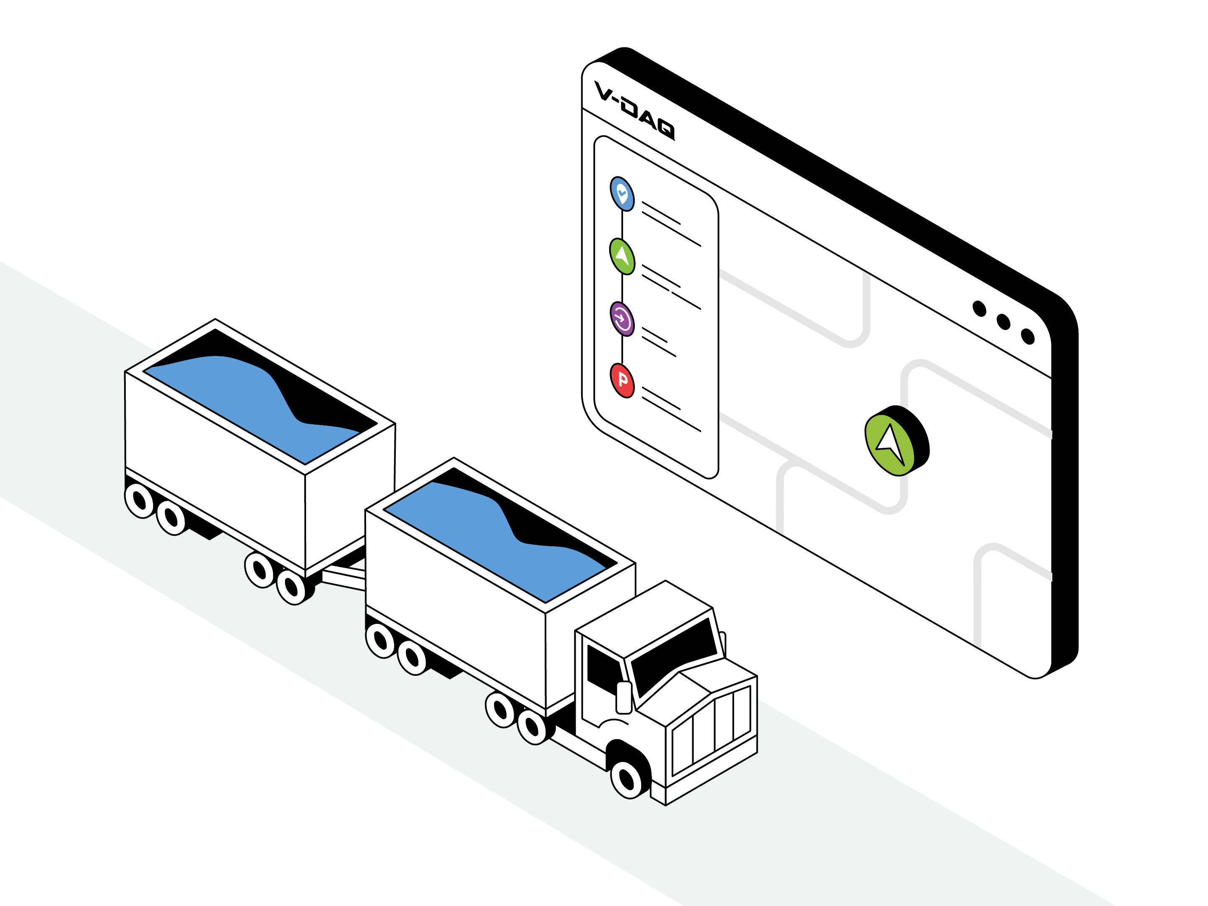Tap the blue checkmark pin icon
click(x=622, y=193)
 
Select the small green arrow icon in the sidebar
click(x=622, y=256)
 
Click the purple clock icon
click(x=622, y=319)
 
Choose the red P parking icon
click(x=622, y=381)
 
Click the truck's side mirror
click(x=623, y=697)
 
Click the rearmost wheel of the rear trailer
click(x=140, y=500)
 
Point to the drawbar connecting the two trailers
click(x=343, y=579)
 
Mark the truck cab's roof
click(x=644, y=618)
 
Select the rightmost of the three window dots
click(x=1028, y=336)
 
